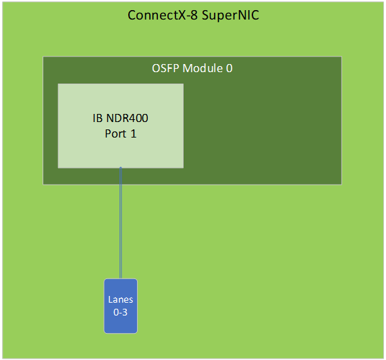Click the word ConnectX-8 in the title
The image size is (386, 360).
coord(163,16)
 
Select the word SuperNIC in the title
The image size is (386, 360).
coord(230,16)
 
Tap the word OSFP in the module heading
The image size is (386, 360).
coord(165,68)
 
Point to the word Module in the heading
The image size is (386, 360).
coord(202,68)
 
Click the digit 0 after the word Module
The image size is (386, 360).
coord(229,68)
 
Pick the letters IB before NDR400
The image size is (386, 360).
coord(97,118)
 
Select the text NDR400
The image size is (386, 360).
coord(127,118)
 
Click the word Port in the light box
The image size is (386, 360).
coord(115,133)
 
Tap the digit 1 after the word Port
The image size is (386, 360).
coord(134,133)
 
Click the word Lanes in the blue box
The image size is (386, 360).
coord(121,299)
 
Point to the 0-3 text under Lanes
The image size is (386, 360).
coord(120,312)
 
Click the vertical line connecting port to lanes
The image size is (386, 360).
coord(121,223)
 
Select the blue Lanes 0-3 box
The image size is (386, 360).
coord(121,306)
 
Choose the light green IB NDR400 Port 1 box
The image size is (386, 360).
coord(121,126)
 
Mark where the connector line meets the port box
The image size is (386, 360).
coord(121,168)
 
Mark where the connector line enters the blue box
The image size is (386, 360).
coord(121,279)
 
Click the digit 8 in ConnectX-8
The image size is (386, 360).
coord(194,16)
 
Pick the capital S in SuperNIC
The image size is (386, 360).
coord(206,16)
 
